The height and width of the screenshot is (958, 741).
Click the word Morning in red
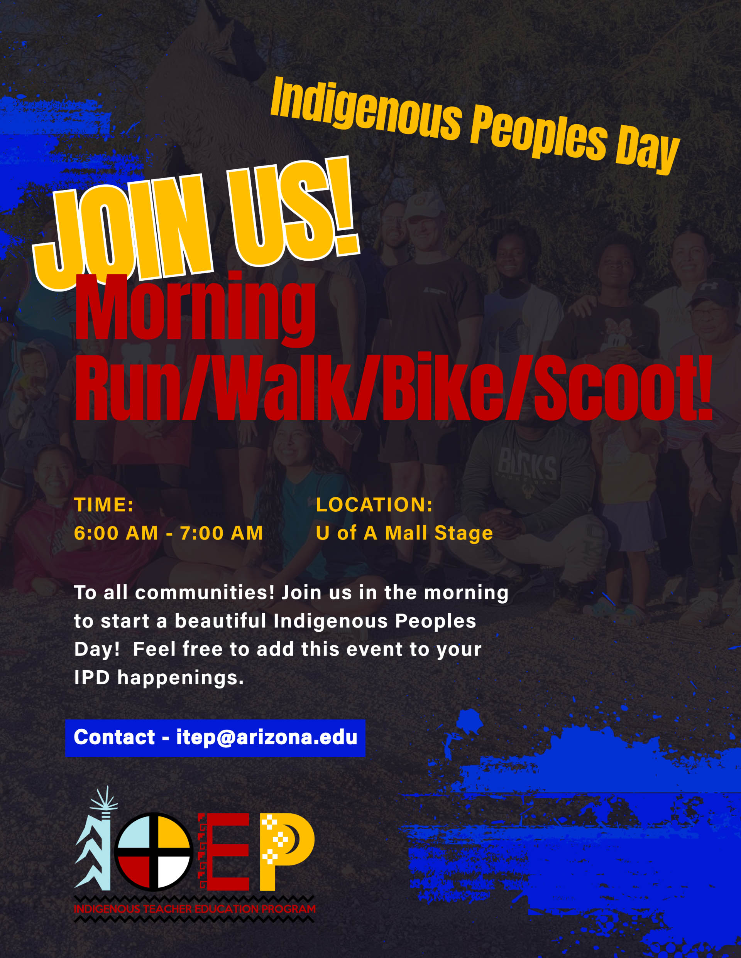pos(195,309)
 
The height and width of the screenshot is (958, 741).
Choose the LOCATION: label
pos(374,505)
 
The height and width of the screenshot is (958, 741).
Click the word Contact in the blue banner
pos(115,737)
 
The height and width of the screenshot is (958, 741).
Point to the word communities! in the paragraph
pos(205,593)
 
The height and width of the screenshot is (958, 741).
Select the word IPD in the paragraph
pos(92,678)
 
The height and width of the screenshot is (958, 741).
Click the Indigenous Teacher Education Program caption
pos(195,909)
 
